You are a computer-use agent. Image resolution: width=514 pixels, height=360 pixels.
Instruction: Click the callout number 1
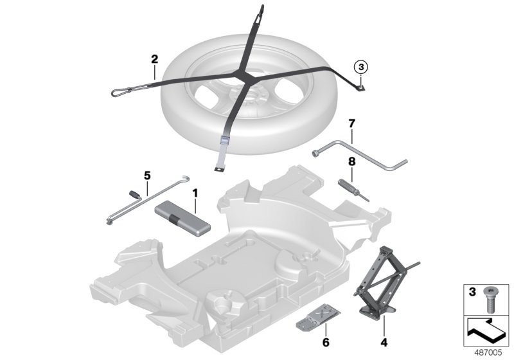coord(195,192)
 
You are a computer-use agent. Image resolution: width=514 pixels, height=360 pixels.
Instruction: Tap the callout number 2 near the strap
coord(154,60)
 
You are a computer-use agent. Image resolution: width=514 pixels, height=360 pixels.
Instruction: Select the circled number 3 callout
coord(361,66)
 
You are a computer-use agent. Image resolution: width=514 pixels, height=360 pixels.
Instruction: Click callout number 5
coord(146,174)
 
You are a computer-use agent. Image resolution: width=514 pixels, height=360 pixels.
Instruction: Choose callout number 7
coord(351,122)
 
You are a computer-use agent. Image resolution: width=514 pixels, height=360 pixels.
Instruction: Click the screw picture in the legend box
coord(491,298)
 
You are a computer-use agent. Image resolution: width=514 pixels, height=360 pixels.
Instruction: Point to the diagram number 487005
coord(491,352)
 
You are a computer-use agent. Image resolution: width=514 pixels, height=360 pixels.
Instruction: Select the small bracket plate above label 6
coord(315,316)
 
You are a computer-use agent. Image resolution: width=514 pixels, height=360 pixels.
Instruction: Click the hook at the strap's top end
coord(262,9)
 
